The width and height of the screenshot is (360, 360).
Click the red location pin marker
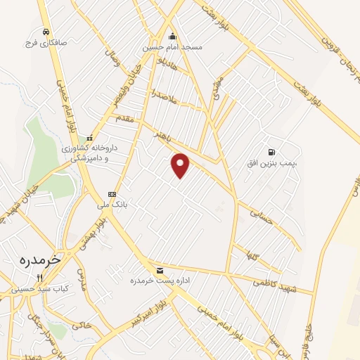coord(181,165)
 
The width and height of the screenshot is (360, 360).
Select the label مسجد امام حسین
coord(173,47)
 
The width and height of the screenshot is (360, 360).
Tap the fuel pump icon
coord(271,152)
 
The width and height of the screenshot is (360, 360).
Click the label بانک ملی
coord(111,205)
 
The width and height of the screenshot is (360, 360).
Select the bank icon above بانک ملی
coord(111,194)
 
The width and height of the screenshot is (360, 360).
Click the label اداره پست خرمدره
coord(160,281)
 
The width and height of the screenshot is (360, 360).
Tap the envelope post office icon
coord(160,271)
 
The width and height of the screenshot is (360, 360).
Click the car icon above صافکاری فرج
coord(46,32)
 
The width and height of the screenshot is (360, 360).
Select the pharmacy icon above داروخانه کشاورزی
coord(89,139)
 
